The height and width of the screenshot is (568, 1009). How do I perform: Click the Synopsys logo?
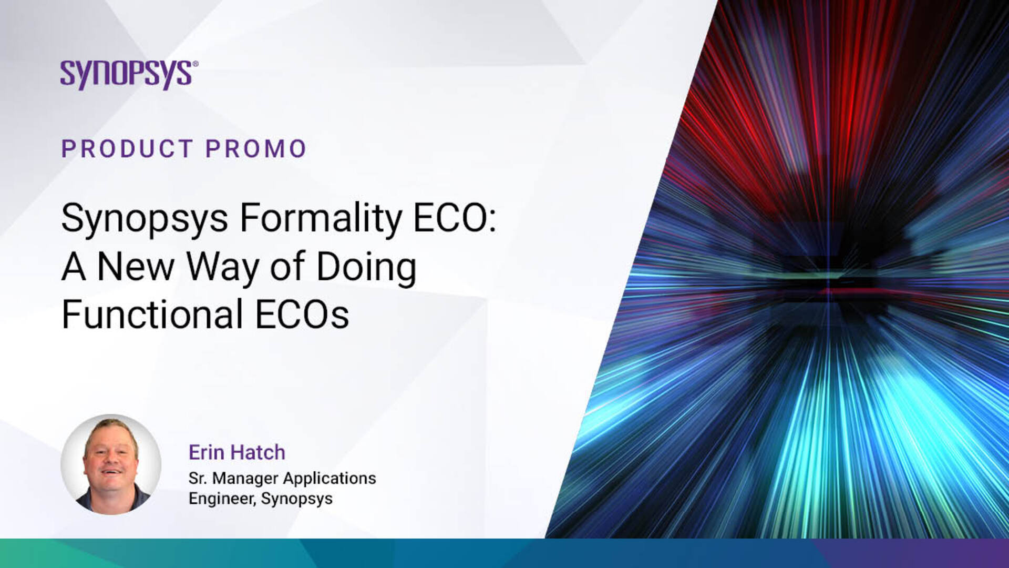coord(129,75)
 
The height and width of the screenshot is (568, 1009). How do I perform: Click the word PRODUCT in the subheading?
coord(127,149)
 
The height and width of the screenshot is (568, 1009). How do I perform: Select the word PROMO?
coord(256,149)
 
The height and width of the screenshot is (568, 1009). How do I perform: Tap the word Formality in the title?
coord(321,218)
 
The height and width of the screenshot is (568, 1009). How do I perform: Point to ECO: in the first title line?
coord(455,218)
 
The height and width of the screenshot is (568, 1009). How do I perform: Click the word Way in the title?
coord(223,267)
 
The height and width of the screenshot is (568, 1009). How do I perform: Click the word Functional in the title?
coord(152,314)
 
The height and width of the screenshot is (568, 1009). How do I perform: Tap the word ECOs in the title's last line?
coord(302,315)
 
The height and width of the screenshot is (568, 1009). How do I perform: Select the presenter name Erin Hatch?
coord(237,452)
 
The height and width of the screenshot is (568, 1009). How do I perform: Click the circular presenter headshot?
coord(111,464)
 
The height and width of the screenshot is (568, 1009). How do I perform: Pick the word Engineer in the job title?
coord(222,499)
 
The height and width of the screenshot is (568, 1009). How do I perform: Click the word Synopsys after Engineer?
coord(297,499)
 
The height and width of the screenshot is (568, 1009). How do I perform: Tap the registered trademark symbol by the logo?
coord(195,64)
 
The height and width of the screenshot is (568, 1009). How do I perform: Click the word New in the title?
coord(136,267)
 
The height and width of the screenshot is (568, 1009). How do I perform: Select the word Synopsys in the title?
coord(145,218)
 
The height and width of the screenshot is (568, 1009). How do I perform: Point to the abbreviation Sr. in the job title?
coord(198,479)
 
